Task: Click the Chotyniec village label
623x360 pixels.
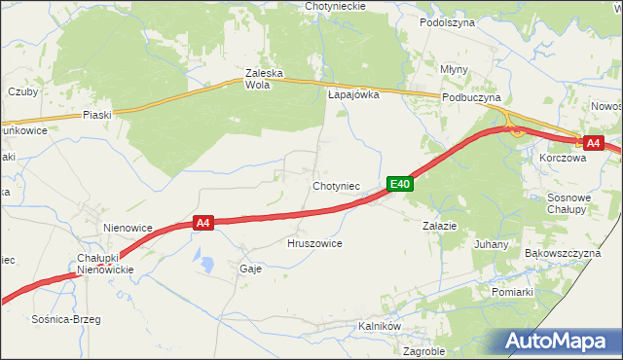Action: click(x=337, y=185)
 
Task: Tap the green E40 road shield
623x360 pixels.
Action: click(x=401, y=183)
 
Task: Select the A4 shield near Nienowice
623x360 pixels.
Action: click(x=202, y=223)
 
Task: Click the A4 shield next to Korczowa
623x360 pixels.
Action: click(x=594, y=142)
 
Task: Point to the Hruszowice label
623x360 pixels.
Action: click(x=314, y=243)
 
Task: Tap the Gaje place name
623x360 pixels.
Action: click(x=250, y=269)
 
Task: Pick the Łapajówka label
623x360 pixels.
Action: click(x=352, y=95)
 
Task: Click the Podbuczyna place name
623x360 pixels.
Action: click(x=470, y=98)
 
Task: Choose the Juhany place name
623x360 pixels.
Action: click(x=491, y=244)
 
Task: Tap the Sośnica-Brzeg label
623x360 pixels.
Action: click(x=66, y=319)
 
